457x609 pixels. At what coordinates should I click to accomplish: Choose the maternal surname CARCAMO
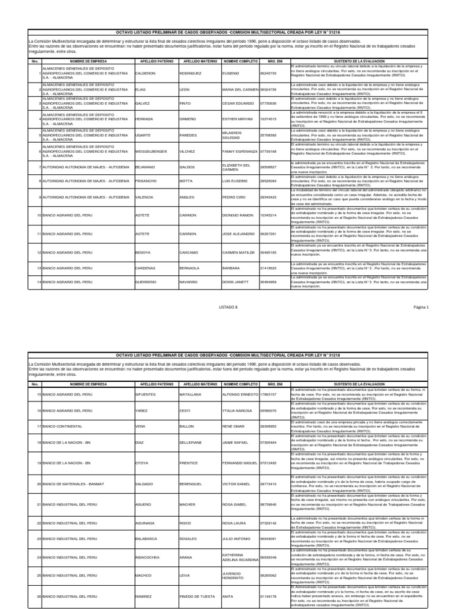click(189, 252)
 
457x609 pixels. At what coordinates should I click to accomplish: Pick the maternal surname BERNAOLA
click(190, 269)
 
